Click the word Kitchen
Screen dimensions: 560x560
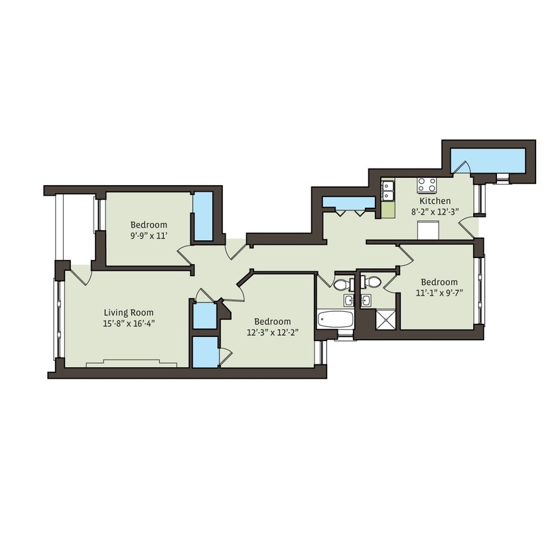click(435, 200)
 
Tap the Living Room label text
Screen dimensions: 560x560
click(129, 313)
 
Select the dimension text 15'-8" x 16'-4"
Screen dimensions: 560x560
click(129, 323)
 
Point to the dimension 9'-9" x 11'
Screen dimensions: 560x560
click(149, 236)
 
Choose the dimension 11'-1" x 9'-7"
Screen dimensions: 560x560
click(439, 293)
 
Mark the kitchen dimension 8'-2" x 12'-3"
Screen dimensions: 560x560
click(435, 212)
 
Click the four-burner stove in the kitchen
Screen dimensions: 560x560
click(426, 184)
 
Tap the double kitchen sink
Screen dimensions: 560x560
click(387, 191)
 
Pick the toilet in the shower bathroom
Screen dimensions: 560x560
click(373, 283)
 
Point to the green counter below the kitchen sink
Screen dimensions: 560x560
click(388, 210)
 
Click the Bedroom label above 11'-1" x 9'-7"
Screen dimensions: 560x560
click(439, 281)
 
